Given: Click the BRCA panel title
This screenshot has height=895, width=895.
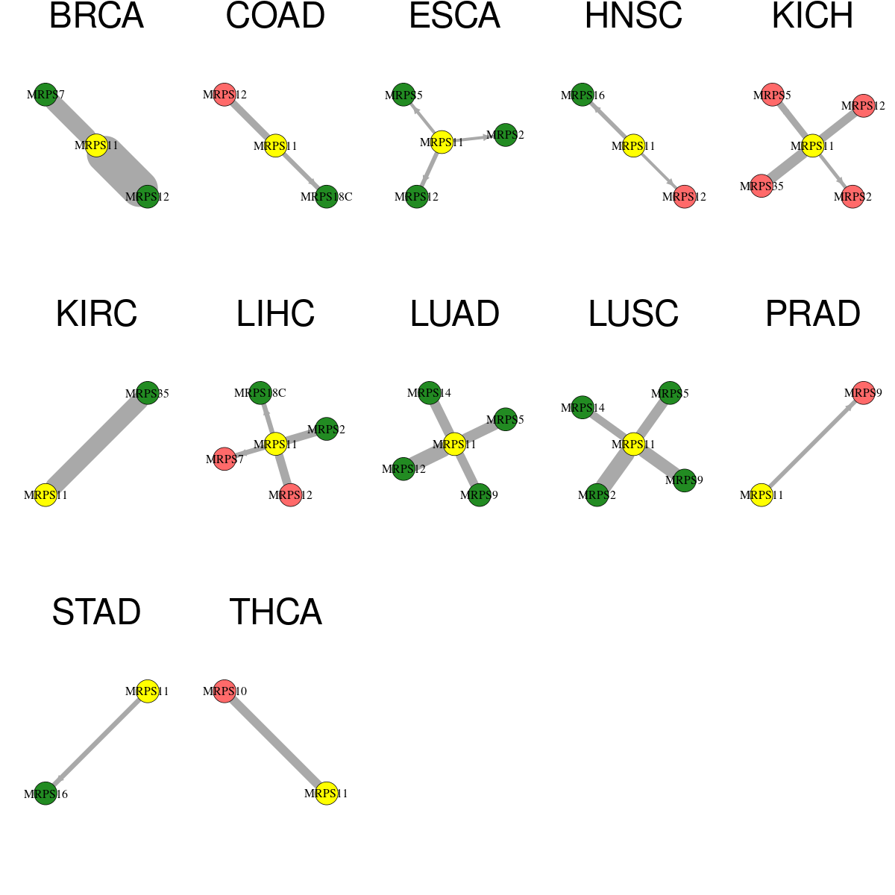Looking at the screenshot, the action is click(x=97, y=16).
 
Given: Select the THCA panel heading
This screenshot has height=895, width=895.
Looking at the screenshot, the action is click(x=275, y=612).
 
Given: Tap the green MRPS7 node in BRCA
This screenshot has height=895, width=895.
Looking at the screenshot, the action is click(x=45, y=95).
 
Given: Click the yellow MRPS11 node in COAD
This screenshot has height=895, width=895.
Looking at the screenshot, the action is click(x=275, y=146).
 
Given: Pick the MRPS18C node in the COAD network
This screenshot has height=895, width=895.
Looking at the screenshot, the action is click(x=327, y=196).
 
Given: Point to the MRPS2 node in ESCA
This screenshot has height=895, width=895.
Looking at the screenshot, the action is click(x=506, y=135).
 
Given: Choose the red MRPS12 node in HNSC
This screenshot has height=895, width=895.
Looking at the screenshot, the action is click(x=684, y=196).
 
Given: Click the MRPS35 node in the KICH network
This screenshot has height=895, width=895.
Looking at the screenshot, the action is click(x=761, y=186).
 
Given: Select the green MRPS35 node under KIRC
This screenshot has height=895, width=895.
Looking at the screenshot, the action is click(x=148, y=393).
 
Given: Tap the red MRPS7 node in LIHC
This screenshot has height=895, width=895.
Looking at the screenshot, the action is click(x=224, y=459).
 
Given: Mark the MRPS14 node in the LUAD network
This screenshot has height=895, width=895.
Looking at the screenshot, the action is click(x=429, y=393).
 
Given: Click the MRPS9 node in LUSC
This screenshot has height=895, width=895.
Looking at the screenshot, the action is click(x=684, y=480).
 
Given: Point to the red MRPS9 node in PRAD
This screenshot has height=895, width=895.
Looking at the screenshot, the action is click(x=864, y=393).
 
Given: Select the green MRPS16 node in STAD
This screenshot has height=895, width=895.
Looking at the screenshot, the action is click(x=45, y=794).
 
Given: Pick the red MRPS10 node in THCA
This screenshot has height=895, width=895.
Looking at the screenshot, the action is click(x=224, y=691).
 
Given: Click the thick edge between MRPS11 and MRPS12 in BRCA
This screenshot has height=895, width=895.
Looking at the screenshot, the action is click(x=122, y=171).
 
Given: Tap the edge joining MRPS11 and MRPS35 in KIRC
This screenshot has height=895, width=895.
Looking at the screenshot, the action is click(x=97, y=444).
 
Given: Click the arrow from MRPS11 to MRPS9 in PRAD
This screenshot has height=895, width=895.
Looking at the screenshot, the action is click(x=812, y=444).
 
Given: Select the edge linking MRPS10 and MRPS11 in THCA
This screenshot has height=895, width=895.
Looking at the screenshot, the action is click(x=275, y=741).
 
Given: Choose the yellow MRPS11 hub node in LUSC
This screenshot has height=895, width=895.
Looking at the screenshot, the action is click(x=633, y=444).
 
